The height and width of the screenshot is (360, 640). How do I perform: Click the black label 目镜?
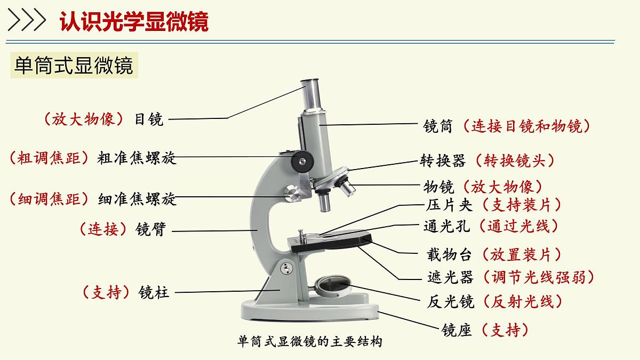tap(149, 119)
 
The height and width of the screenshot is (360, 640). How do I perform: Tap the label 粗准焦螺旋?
tap(137, 158)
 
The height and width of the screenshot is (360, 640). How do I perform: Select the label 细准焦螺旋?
tap(137, 199)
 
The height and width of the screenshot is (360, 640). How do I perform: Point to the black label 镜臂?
tap(150, 229)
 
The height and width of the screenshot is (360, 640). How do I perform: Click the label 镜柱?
tap(154, 292)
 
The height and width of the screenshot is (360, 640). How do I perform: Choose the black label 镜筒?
tap(438, 126)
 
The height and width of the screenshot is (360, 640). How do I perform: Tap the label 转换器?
tap(443, 161)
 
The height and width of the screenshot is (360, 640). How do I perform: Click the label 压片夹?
tap(449, 205)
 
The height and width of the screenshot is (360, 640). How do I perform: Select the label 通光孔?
tap(446, 226)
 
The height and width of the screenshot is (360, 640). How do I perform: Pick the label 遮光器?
tap(450, 277)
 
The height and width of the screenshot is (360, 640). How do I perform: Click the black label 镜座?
tap(457, 330)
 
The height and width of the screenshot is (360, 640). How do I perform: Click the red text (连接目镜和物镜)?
tap(526, 126)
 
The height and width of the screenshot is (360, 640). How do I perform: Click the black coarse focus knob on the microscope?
tap(302, 162)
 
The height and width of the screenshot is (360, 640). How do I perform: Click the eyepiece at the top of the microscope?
tap(311, 94)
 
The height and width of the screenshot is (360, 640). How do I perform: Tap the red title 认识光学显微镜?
tap(134, 21)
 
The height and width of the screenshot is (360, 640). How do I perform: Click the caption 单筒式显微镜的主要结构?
tap(309, 342)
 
